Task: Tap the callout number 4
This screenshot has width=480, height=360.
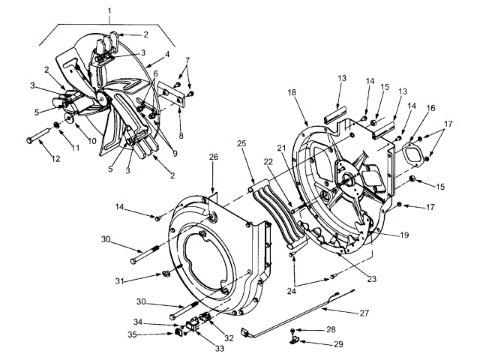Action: click(x=168, y=54)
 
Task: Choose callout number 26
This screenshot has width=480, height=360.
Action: click(x=214, y=157)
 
